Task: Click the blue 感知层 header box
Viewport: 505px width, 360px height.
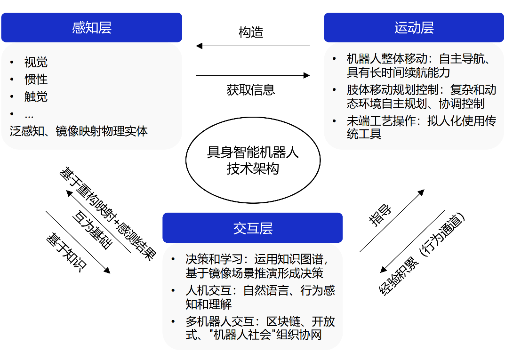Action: click(x=91, y=28)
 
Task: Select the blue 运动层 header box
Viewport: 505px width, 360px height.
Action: click(x=414, y=28)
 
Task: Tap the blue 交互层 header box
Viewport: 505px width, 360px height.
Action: click(x=252, y=228)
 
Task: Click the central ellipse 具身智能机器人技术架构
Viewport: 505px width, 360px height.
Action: click(x=253, y=160)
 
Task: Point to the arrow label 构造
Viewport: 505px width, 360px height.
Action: click(x=251, y=32)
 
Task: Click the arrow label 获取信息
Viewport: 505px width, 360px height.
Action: click(x=251, y=89)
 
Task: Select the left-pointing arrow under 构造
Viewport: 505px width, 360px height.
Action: click(x=253, y=46)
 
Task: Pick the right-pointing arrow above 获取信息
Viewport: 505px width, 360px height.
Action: click(x=253, y=75)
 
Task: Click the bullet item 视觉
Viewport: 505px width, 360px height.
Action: click(x=36, y=62)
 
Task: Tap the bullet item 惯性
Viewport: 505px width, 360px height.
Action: click(x=36, y=79)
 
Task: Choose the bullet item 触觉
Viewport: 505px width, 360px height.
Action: click(x=36, y=96)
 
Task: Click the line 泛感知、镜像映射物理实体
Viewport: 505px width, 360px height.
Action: click(x=79, y=131)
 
